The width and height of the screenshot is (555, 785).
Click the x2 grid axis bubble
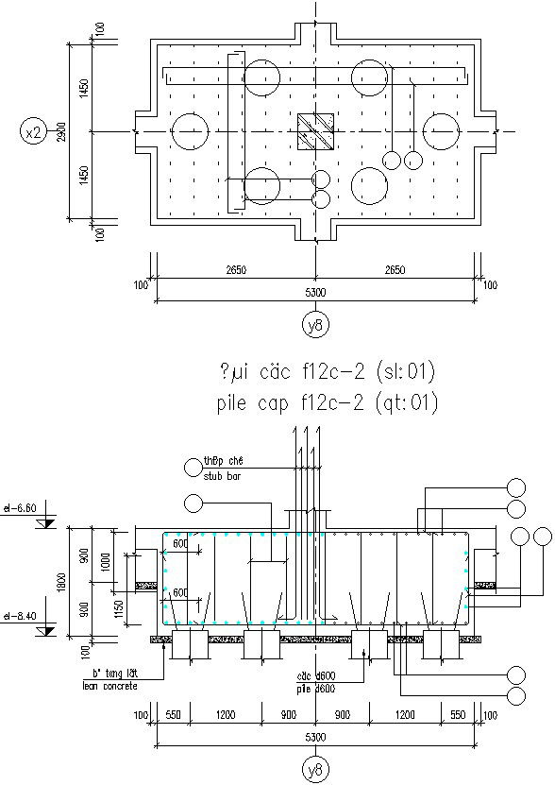[x=33, y=132]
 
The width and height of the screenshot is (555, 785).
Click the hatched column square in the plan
[x=315, y=132]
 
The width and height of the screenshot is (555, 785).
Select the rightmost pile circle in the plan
[x=441, y=131]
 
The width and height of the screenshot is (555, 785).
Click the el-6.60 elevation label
[x=20, y=507]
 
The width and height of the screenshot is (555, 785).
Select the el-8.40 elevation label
[x=20, y=615]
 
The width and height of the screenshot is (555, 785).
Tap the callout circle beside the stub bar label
[x=193, y=465]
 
